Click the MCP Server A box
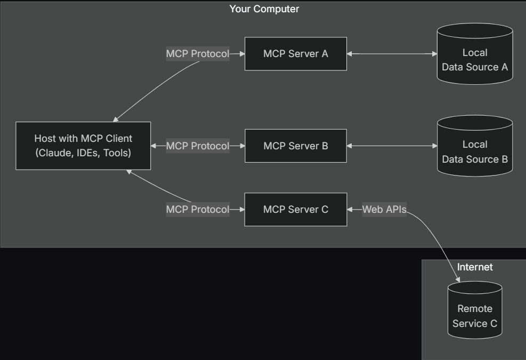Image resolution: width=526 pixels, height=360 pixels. click(296, 54)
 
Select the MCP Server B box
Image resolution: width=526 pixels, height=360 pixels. click(296, 146)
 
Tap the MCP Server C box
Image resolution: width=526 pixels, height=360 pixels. click(296, 210)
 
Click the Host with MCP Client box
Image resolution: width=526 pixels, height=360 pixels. click(83, 146)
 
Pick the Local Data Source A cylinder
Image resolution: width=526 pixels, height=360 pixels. click(475, 60)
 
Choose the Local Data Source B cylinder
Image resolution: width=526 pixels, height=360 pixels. click(475, 151)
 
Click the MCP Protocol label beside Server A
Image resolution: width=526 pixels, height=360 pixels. click(197, 54)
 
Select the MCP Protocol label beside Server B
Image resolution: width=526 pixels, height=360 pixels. click(197, 146)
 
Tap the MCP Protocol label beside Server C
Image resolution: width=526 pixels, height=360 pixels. click(197, 210)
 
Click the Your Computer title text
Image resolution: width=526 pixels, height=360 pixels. click(264, 9)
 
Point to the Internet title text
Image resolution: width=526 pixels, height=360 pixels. click(475, 267)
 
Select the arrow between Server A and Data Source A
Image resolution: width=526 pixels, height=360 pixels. click(392, 54)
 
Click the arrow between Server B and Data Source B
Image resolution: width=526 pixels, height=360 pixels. click(392, 146)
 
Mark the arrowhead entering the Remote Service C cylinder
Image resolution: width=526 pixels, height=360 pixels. click(457, 279)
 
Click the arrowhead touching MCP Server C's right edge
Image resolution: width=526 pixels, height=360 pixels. click(351, 210)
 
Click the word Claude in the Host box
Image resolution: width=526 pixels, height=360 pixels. click(53, 153)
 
